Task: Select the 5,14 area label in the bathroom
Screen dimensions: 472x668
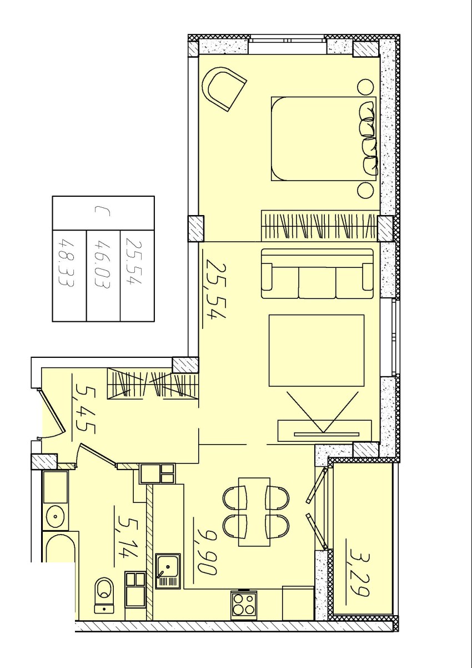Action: tap(128, 532)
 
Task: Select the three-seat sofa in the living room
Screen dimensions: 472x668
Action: tap(317, 274)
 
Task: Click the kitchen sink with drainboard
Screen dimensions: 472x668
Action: tap(168, 571)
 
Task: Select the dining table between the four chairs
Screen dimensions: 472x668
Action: tap(254, 512)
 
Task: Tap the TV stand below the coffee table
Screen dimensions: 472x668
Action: tap(324, 430)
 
